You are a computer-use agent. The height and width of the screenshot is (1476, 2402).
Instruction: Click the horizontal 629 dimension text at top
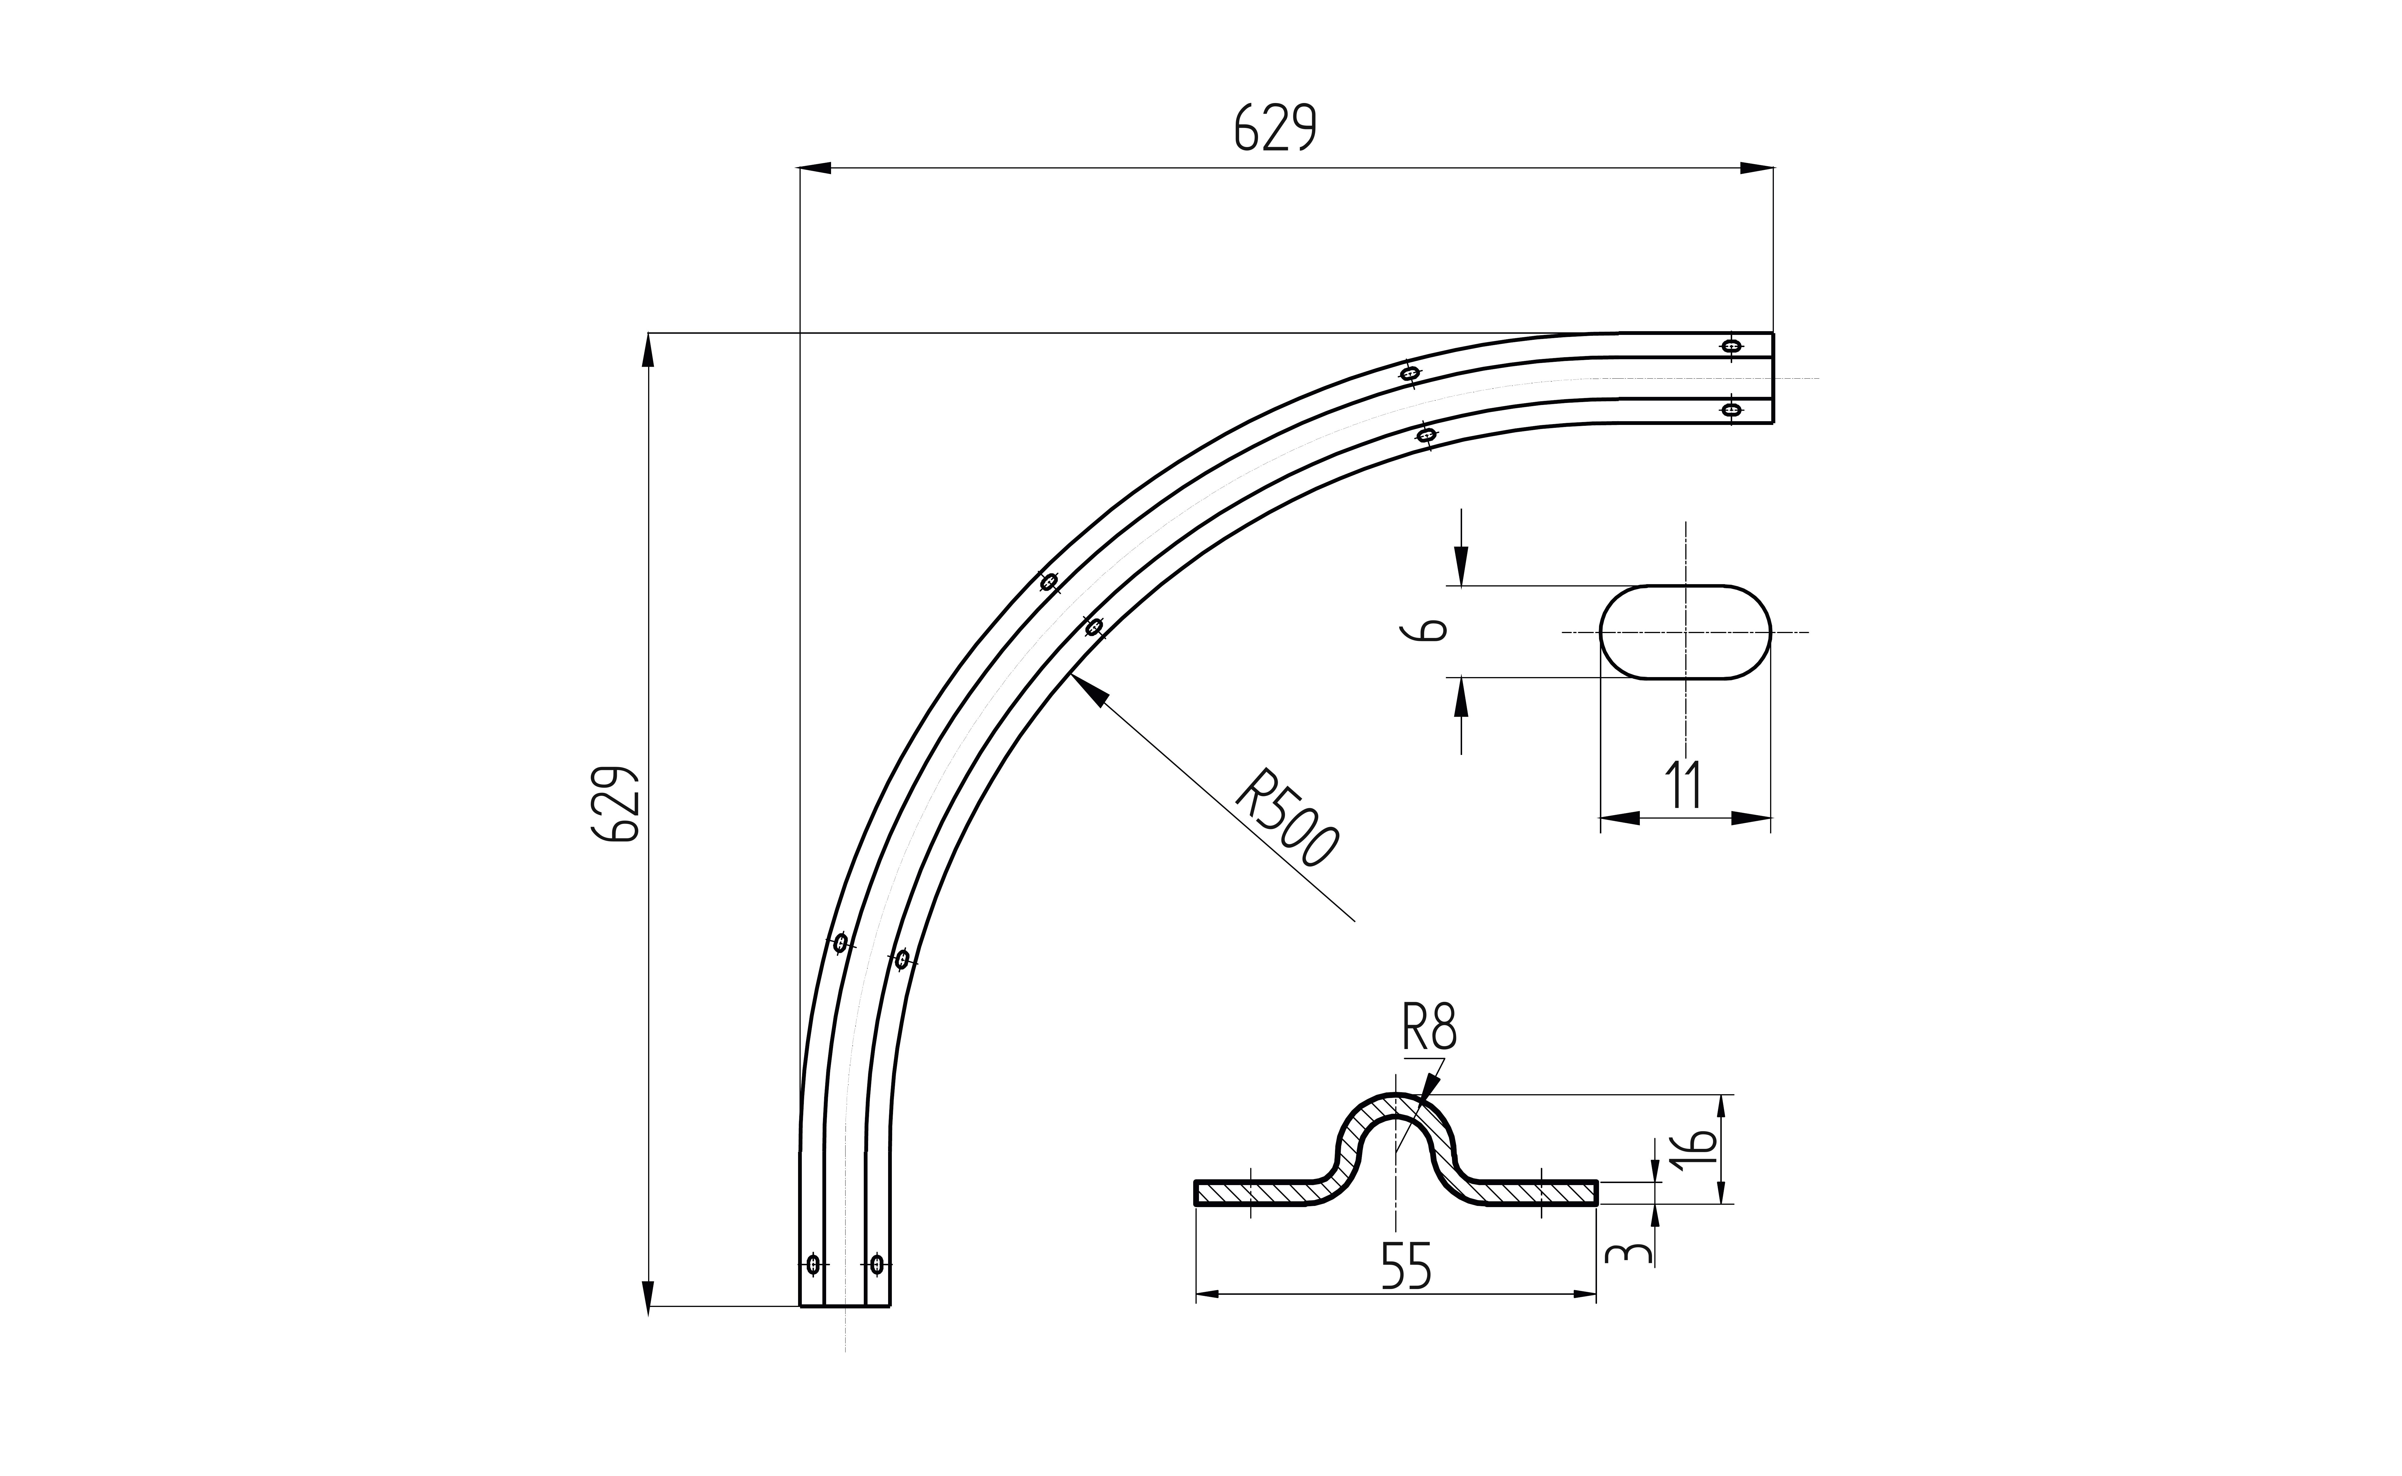[1276, 128]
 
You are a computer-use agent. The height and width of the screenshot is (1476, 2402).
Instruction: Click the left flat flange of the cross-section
[1254, 1192]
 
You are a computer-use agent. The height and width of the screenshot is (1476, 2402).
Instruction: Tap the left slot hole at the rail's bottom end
[813, 1264]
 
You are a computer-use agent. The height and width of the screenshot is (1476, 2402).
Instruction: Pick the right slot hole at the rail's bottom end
[877, 1264]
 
